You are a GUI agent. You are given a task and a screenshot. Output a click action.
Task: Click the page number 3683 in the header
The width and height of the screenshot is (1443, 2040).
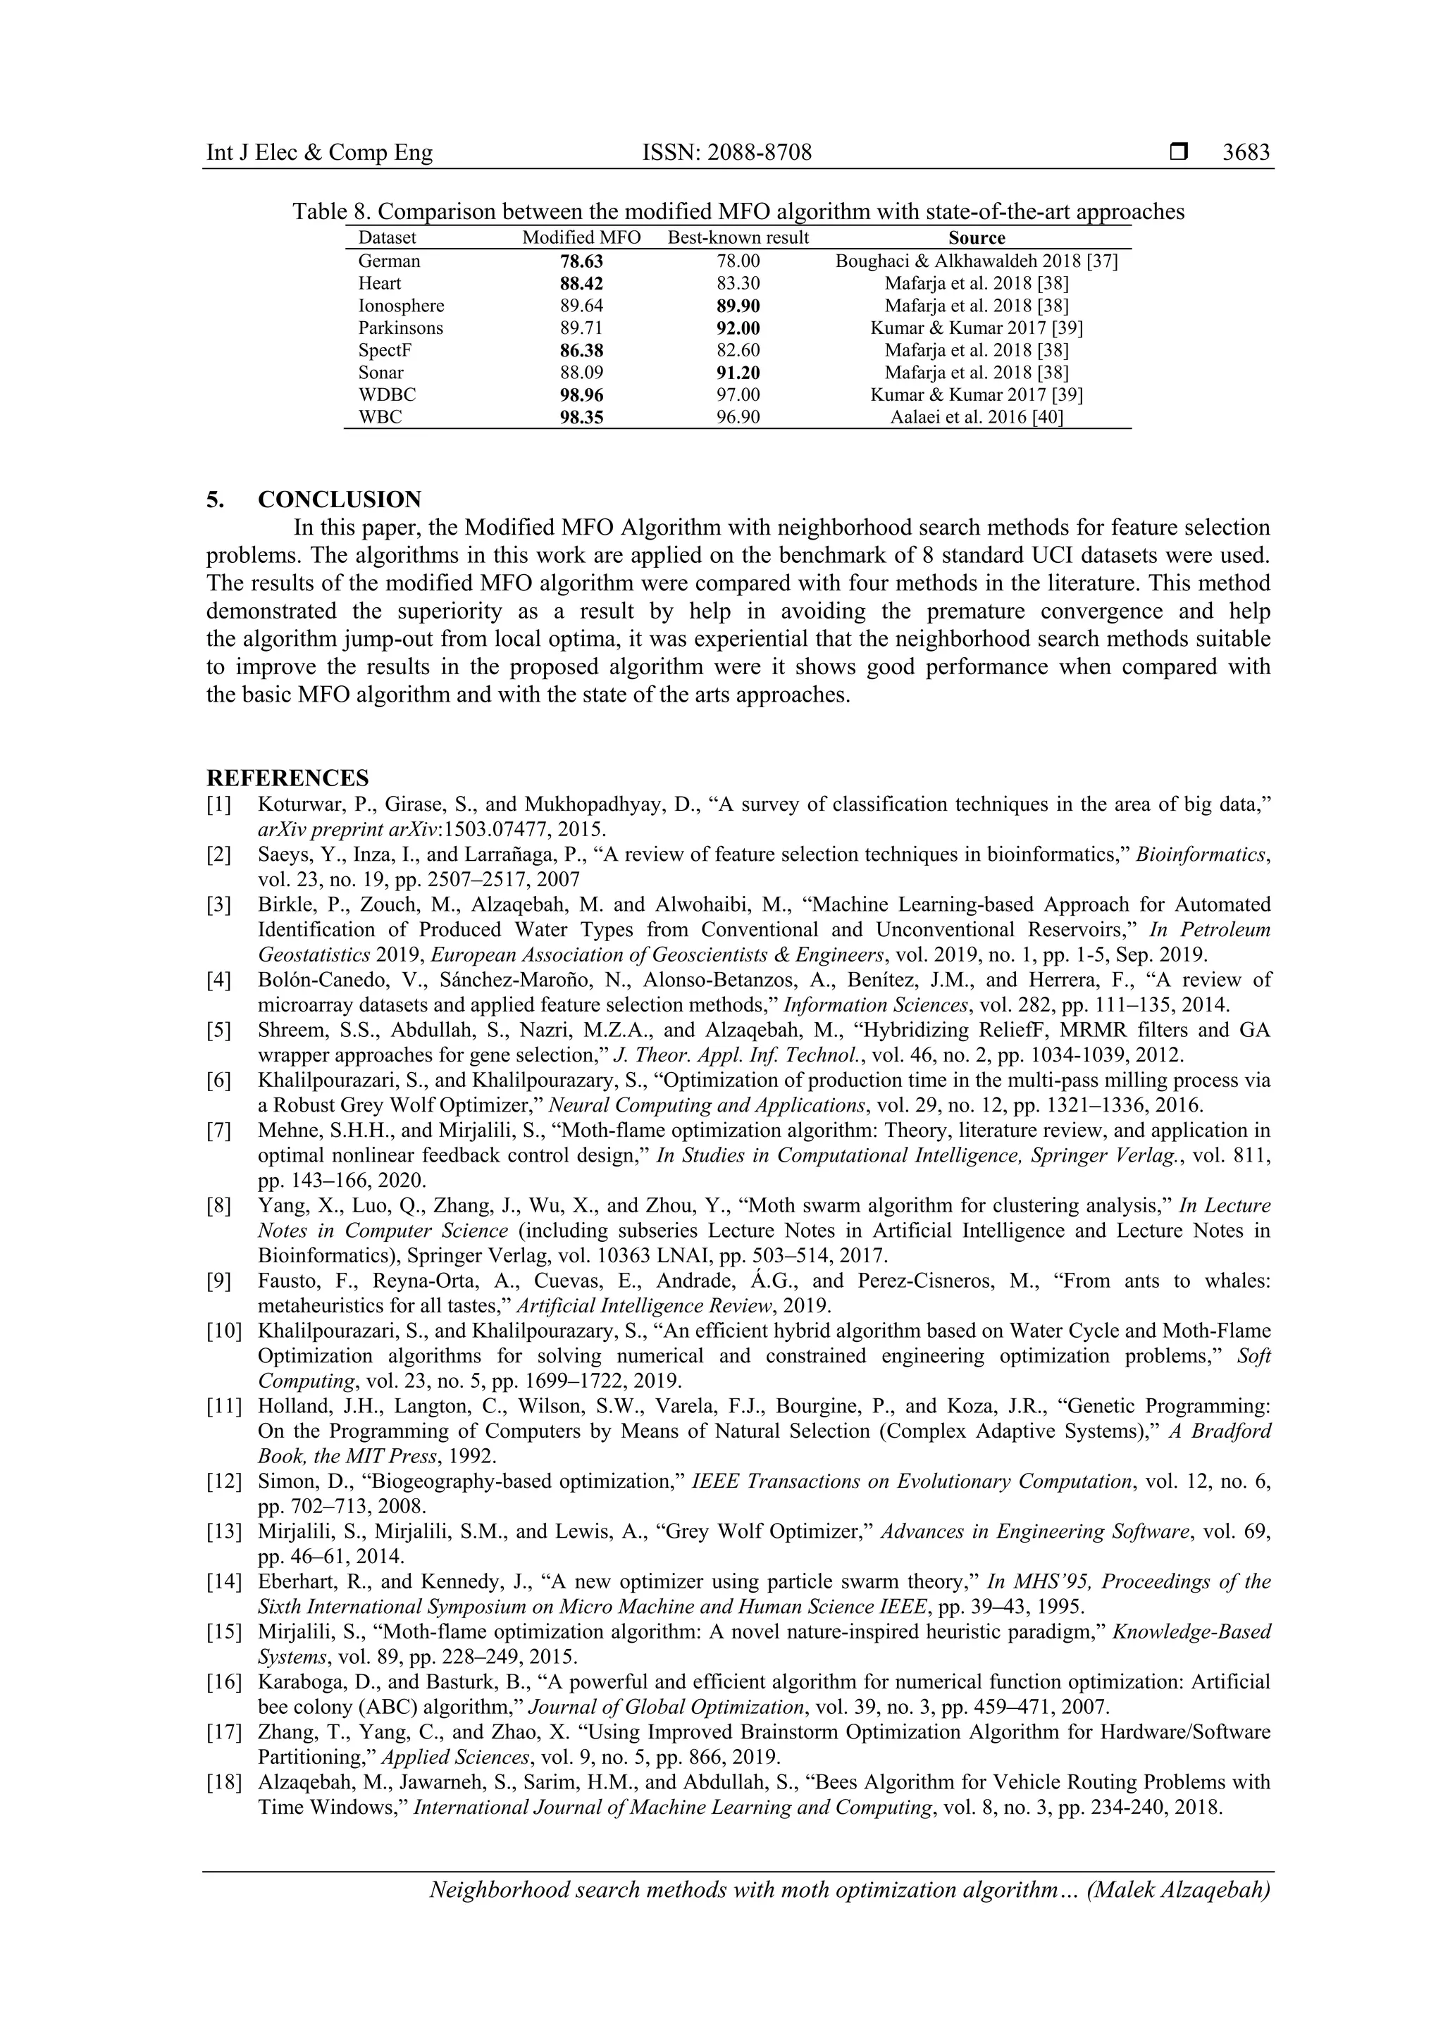click(1246, 153)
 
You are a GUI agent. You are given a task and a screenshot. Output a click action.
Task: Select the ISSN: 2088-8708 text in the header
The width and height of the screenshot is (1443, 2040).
click(727, 153)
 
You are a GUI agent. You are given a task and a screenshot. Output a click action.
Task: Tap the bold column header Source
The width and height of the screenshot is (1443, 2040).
click(977, 238)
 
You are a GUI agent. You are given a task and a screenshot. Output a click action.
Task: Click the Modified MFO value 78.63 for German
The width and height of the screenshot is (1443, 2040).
click(581, 261)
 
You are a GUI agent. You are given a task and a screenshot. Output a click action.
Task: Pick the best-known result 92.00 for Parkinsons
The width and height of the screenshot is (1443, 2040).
click(738, 328)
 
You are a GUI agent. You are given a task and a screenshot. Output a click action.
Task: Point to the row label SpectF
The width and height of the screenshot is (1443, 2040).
click(385, 350)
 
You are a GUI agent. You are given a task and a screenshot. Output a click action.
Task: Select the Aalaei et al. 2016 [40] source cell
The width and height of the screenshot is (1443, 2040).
click(977, 418)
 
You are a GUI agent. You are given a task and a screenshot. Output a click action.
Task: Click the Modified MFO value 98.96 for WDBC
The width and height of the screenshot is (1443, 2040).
click(581, 395)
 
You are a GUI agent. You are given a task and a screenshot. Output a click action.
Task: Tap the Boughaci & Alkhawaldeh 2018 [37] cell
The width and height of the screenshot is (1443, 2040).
click(977, 261)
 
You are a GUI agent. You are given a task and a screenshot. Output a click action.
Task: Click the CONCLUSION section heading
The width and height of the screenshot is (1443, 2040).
click(340, 499)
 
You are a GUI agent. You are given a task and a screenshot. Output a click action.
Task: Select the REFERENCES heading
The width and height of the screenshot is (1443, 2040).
click(287, 778)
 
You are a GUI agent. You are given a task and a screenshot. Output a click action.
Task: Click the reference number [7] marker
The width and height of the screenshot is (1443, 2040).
click(218, 1131)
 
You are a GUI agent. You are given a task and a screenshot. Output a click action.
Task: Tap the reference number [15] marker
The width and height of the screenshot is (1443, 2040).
click(223, 1632)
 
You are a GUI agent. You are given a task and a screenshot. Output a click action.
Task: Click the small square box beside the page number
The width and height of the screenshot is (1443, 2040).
click(1178, 153)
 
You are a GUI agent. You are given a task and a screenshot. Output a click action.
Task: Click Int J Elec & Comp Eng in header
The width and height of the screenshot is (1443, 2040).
click(319, 153)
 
